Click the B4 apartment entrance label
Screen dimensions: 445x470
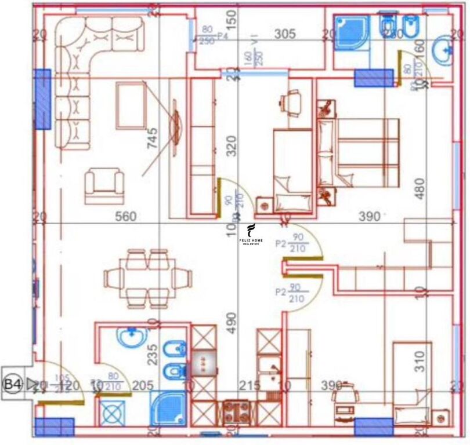tap(13, 384)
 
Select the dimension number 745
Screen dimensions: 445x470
tap(153, 140)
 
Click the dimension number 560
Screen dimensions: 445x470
tap(125, 217)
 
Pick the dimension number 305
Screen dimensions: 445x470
tap(284, 34)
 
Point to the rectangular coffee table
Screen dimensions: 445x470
tap(131, 105)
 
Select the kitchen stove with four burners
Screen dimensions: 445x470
tap(236, 412)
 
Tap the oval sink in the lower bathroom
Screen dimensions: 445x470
tap(131, 336)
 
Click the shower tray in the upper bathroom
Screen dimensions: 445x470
tap(351, 31)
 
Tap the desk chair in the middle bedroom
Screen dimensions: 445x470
tap(291, 103)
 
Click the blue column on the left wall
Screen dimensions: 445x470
tap(42, 99)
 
